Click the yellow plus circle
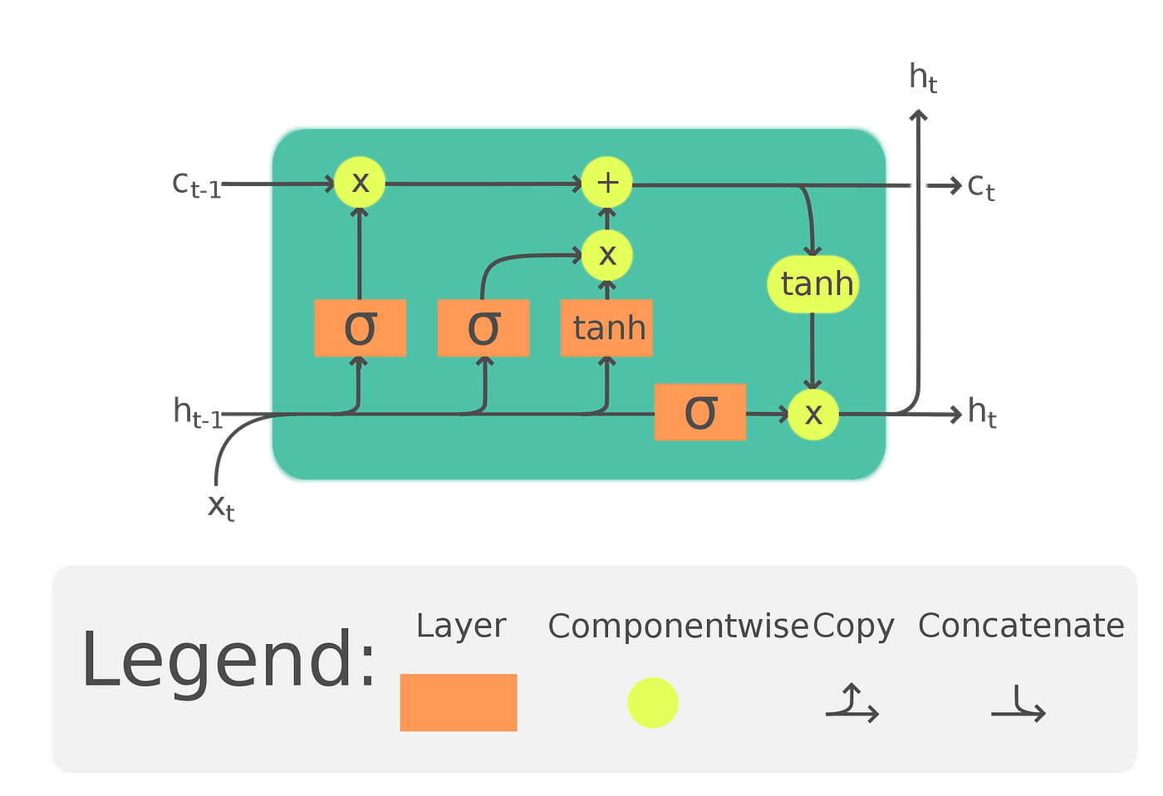click(x=606, y=182)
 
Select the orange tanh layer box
click(x=606, y=328)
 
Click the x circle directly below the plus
click(x=606, y=255)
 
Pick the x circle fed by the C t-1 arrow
click(x=360, y=182)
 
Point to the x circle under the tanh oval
click(x=812, y=413)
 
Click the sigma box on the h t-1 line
click(x=699, y=412)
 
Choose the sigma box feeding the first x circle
click(x=360, y=328)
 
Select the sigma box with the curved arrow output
click(x=483, y=328)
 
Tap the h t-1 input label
click(x=198, y=412)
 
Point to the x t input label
click(x=222, y=506)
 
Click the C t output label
click(x=981, y=187)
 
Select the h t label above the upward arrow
click(x=923, y=78)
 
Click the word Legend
click(x=228, y=661)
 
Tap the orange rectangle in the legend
click(x=459, y=702)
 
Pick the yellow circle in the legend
click(x=653, y=703)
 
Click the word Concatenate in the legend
click(x=1021, y=626)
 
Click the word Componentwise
click(x=677, y=626)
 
